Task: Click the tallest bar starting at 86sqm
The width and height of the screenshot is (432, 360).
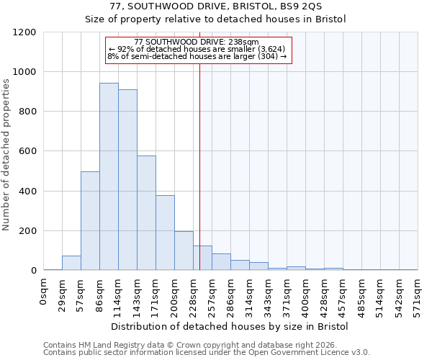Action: coord(109,176)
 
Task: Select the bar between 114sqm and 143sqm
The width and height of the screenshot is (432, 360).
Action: coord(127,180)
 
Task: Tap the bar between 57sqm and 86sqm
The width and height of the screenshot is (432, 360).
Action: coord(90,221)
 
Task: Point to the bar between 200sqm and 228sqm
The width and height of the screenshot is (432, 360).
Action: coord(184,251)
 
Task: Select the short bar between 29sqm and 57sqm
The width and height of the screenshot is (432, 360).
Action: coord(71,263)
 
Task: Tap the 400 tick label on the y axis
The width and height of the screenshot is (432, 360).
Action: coord(27,192)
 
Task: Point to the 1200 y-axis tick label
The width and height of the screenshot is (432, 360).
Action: coord(24,32)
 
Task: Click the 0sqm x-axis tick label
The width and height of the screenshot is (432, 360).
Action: coord(43,291)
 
